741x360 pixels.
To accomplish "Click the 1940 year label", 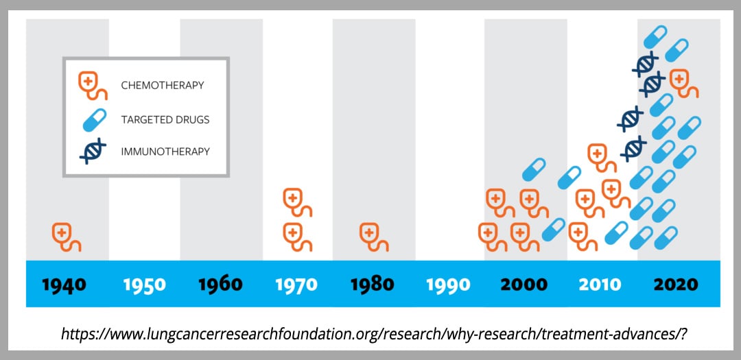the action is pyautogui.click(x=64, y=285).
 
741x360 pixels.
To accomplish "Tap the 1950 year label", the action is pyautogui.click(x=145, y=285).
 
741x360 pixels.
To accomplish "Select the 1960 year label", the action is pyautogui.click(x=220, y=285).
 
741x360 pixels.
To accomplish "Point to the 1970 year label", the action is pyautogui.click(x=296, y=285).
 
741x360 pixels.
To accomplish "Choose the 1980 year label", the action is pyautogui.click(x=373, y=285).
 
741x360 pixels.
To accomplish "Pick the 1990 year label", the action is pyautogui.click(x=449, y=285).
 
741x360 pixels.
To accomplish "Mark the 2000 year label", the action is pyautogui.click(x=524, y=285).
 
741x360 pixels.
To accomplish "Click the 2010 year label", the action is pyautogui.click(x=600, y=285).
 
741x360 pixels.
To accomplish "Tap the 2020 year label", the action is pyautogui.click(x=676, y=285).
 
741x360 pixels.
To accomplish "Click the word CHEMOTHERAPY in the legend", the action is pyautogui.click(x=163, y=86).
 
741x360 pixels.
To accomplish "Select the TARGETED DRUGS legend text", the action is pyautogui.click(x=165, y=119).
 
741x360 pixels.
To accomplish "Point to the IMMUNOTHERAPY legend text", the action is pyautogui.click(x=165, y=152).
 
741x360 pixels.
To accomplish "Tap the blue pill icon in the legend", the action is pyautogui.click(x=95, y=119).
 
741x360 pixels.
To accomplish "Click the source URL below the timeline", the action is pyautogui.click(x=373, y=333).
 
